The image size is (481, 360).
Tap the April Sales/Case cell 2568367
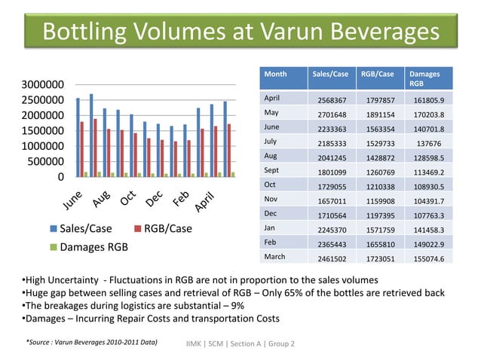coord(329,100)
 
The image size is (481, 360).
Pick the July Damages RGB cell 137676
coord(428,142)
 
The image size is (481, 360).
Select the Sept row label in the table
coord(271,170)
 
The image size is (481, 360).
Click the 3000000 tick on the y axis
coord(37,84)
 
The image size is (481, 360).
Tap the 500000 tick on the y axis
coord(43,161)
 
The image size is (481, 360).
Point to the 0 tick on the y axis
coord(60,177)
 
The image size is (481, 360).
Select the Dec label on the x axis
coord(155,198)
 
